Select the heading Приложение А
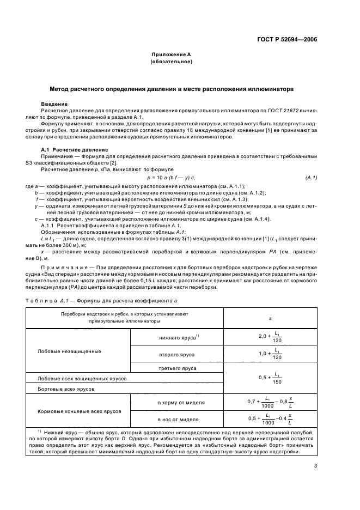[x=171, y=54]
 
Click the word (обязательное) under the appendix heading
[x=171, y=62]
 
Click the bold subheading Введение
[x=54, y=104]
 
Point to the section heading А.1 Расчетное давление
[x=75, y=149]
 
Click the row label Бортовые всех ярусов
[x=65, y=390]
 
